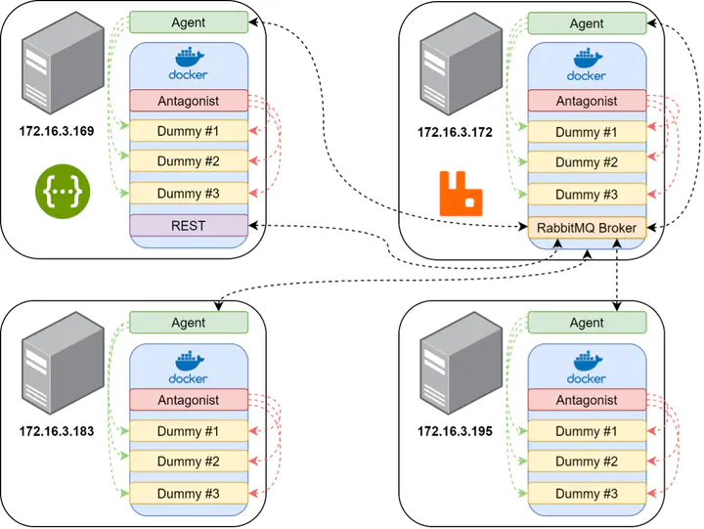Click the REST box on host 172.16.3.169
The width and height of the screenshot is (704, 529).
coord(189,225)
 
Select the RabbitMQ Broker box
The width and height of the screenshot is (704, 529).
coord(587,228)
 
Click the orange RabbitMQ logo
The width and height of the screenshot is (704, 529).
coord(461,193)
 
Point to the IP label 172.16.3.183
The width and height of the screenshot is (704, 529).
coord(57,430)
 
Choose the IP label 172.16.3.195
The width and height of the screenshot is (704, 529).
coord(455,430)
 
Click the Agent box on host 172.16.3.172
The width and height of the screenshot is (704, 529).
coord(587,23)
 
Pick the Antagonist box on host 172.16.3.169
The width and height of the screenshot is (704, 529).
coord(189,101)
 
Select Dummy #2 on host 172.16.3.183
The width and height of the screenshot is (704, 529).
coord(189,462)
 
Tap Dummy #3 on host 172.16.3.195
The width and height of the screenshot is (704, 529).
coord(587,493)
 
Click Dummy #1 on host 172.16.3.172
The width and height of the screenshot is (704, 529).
coord(587,132)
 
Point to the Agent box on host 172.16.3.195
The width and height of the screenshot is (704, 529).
coord(587,323)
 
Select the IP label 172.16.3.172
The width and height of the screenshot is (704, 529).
coord(455,130)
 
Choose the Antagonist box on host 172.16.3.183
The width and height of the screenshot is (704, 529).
coord(189,400)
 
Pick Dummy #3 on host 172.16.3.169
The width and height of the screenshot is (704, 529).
coord(189,194)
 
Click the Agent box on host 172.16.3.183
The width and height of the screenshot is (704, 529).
coord(189,323)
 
